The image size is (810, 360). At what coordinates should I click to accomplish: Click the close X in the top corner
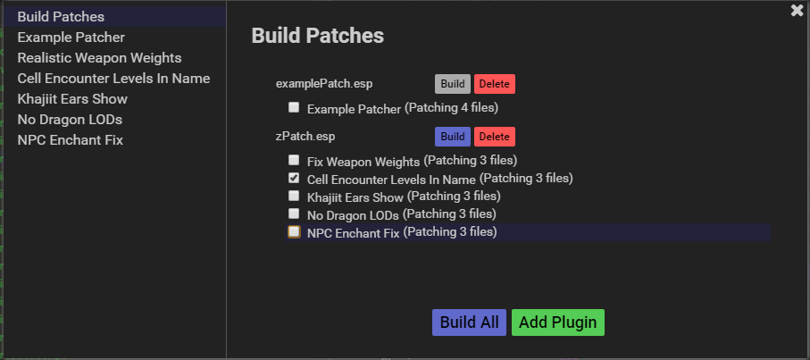click(x=797, y=11)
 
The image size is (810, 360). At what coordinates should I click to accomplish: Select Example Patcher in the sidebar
click(x=71, y=38)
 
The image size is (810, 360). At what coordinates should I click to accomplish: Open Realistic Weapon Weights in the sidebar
click(x=99, y=58)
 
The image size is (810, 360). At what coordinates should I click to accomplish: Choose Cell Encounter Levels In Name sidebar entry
click(x=113, y=79)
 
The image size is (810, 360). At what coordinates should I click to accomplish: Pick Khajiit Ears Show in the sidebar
click(x=72, y=99)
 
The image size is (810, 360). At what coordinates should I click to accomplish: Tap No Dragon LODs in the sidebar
click(x=70, y=120)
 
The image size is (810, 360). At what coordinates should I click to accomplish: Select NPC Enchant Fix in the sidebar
click(x=70, y=140)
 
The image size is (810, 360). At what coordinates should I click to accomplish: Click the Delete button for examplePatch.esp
click(x=494, y=84)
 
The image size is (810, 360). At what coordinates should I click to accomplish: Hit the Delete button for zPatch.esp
click(x=494, y=137)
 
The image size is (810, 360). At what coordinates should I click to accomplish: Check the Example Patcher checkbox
click(x=294, y=108)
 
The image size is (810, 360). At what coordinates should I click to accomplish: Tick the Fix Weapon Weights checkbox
click(x=294, y=161)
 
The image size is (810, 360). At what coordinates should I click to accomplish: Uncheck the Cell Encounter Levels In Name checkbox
click(x=294, y=179)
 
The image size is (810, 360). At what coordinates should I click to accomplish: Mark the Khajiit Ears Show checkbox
click(x=294, y=197)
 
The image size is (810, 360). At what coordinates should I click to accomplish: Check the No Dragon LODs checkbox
click(x=294, y=214)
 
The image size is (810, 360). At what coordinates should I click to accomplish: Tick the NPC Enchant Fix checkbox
click(x=294, y=232)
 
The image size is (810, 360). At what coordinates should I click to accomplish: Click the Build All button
click(x=469, y=322)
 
